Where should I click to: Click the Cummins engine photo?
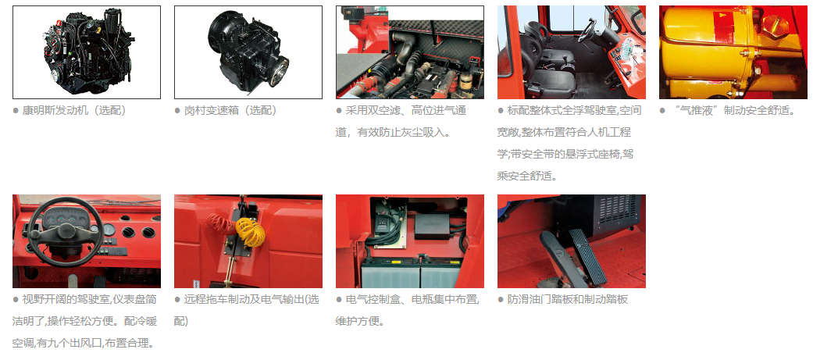pos(87,52)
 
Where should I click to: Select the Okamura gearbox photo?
pos(248,52)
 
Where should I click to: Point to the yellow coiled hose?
pos(250,231)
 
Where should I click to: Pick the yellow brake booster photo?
pos(733,52)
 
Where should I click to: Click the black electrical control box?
pos(432,226)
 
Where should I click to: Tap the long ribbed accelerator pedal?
pos(587,255)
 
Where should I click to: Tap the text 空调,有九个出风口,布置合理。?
pos(83,343)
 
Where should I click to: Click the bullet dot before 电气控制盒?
pos(339,299)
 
